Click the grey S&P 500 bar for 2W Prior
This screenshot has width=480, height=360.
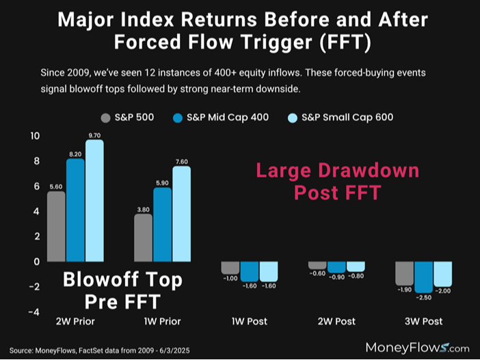[x=56, y=225]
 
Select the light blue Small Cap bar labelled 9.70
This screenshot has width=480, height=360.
[x=94, y=198]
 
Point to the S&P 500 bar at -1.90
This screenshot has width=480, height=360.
[x=404, y=273]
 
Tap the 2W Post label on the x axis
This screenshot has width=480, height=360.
[x=336, y=321]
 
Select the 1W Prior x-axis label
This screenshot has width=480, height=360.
[x=162, y=321]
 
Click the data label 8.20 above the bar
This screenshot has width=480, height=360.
[x=75, y=154]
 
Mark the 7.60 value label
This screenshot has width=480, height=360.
[x=181, y=161]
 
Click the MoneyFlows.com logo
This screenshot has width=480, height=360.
[x=418, y=346]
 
